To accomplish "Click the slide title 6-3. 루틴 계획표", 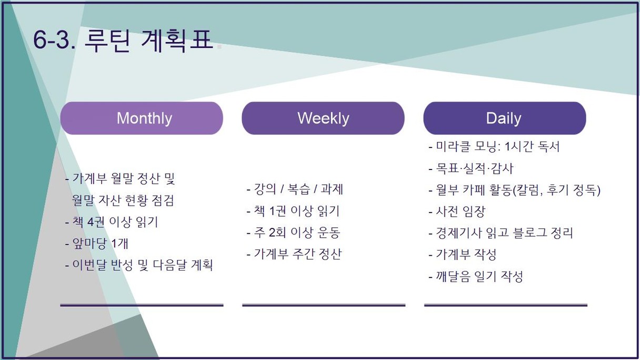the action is click(x=123, y=40).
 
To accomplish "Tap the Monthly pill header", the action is click(x=142, y=118).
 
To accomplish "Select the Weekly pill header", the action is click(x=323, y=118).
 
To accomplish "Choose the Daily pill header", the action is click(x=505, y=118).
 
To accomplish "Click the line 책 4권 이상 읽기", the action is click(x=112, y=222).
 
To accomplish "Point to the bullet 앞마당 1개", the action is click(x=96, y=244).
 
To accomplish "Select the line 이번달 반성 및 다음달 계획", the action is click(x=139, y=265).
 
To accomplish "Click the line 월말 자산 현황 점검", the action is click(x=123, y=201).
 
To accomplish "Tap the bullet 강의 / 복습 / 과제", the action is click(x=295, y=189).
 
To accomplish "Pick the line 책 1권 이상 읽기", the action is click(x=293, y=211).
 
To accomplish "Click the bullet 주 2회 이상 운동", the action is click(x=294, y=232).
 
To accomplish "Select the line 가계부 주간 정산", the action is click(x=294, y=254).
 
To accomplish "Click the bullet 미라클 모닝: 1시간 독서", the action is click(x=494, y=146).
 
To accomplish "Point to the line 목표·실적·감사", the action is click(x=471, y=168).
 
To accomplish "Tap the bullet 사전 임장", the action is click(x=457, y=212).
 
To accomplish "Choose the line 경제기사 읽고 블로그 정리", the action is click(x=501, y=233).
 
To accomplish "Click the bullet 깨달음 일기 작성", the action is click(x=476, y=276).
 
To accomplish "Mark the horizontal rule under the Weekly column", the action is click(x=324, y=305).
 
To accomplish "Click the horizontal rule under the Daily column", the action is click(x=506, y=305).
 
